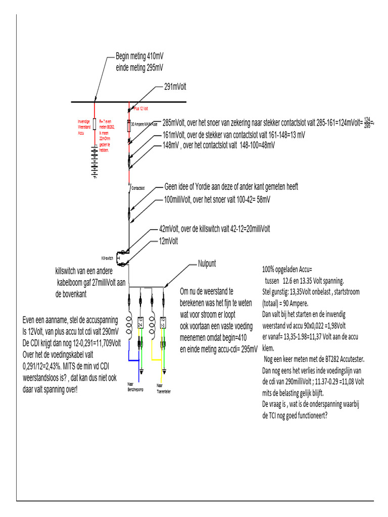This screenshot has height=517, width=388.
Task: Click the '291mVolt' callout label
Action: point(175,87)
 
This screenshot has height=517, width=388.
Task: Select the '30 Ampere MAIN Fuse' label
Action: point(145,123)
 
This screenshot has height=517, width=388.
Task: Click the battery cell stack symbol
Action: point(94,161)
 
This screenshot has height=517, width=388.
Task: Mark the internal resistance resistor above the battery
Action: point(94,125)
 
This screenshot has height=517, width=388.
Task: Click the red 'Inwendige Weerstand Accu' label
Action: point(84,127)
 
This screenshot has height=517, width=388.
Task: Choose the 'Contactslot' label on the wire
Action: point(138,188)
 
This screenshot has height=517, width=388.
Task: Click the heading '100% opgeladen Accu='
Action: point(287,269)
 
